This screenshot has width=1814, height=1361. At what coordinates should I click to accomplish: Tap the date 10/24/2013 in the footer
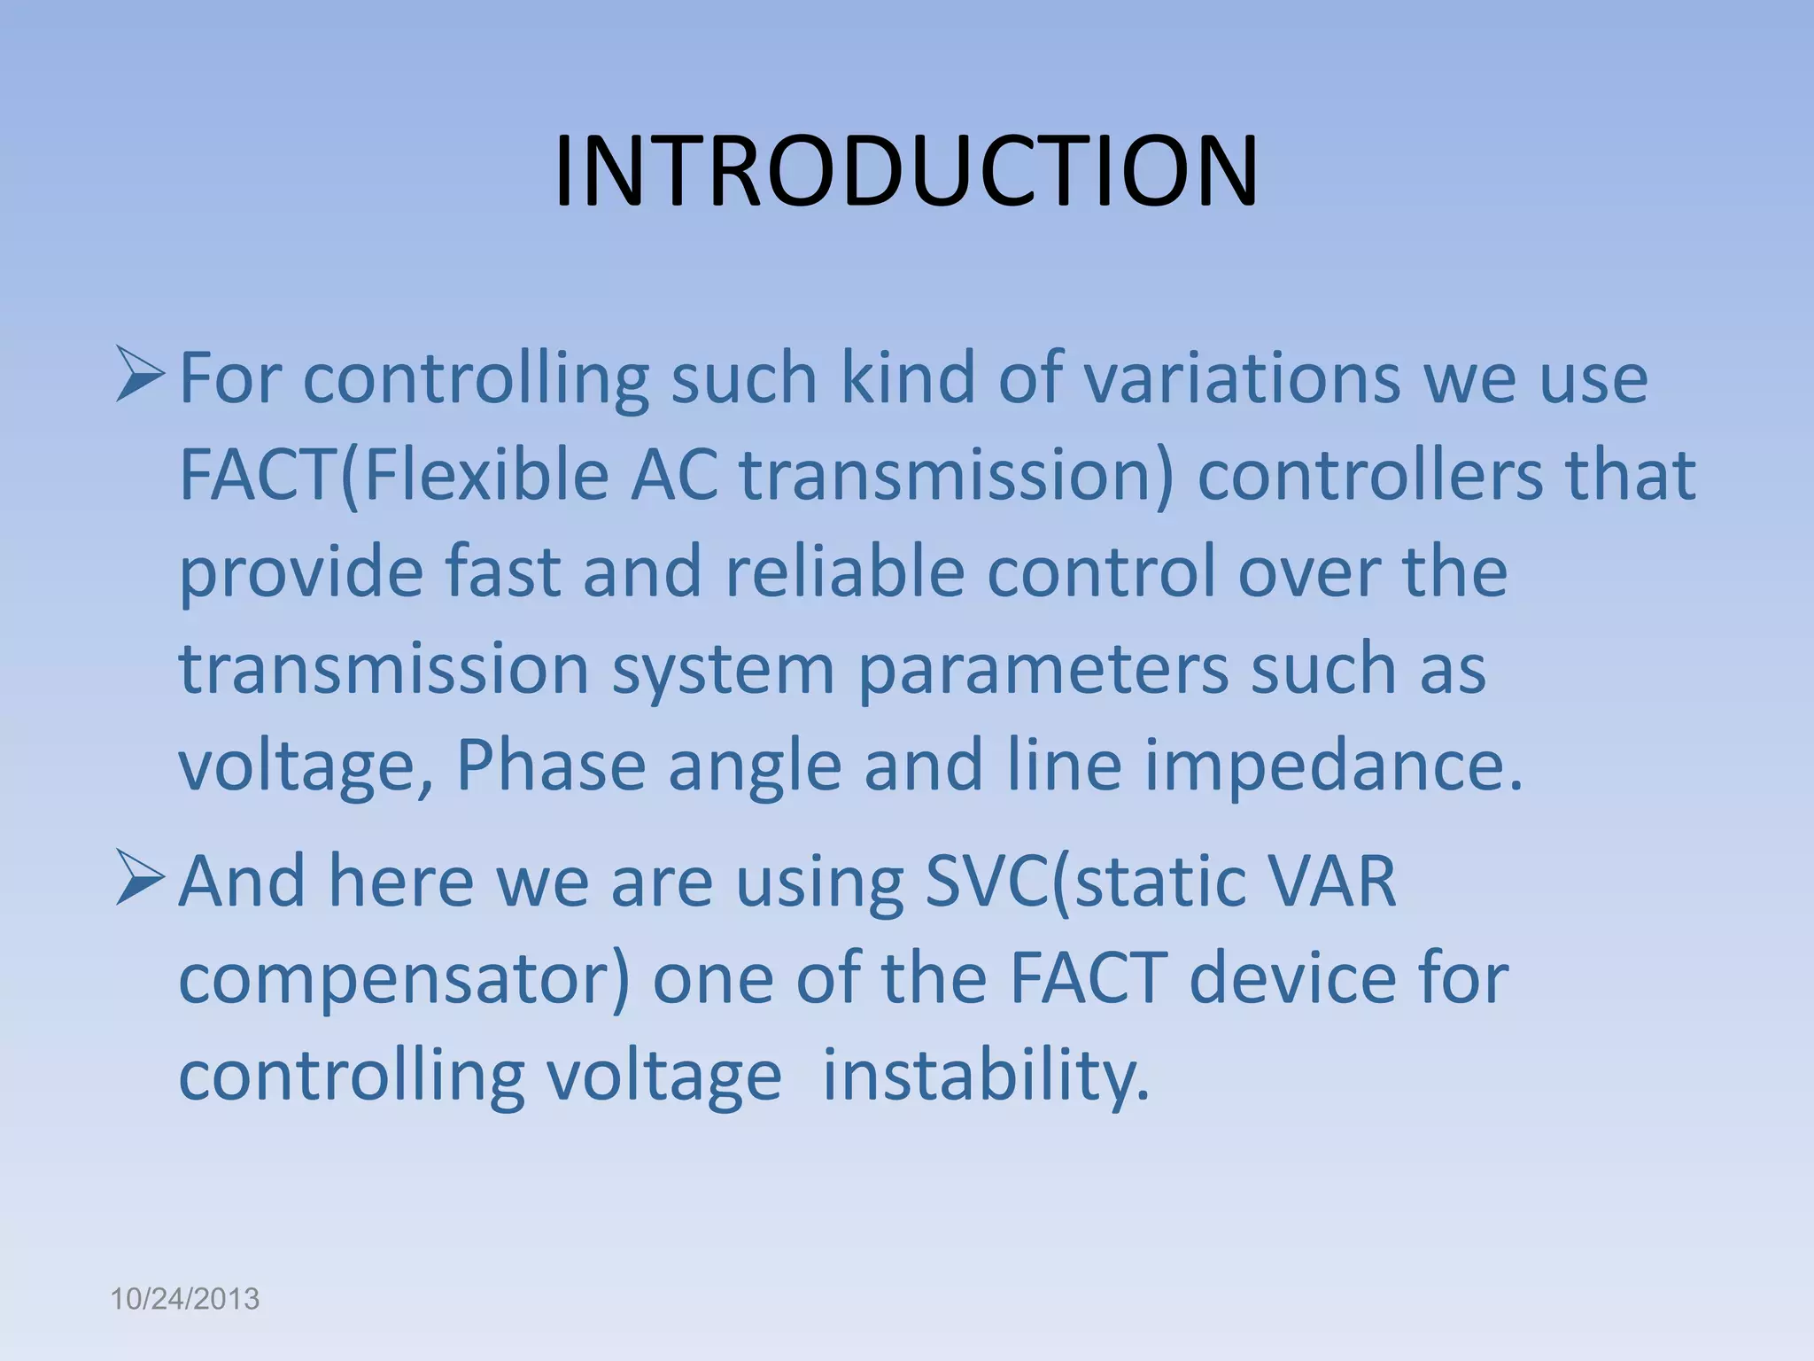(x=184, y=1299)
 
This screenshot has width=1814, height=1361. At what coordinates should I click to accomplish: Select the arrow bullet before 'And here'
(x=140, y=879)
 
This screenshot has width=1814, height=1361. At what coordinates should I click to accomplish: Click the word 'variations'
(x=1242, y=378)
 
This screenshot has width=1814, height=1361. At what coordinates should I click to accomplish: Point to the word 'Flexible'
(x=485, y=476)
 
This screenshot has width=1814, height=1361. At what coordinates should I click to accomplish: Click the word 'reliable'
(x=844, y=572)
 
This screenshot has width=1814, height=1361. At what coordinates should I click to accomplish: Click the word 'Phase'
(x=550, y=766)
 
